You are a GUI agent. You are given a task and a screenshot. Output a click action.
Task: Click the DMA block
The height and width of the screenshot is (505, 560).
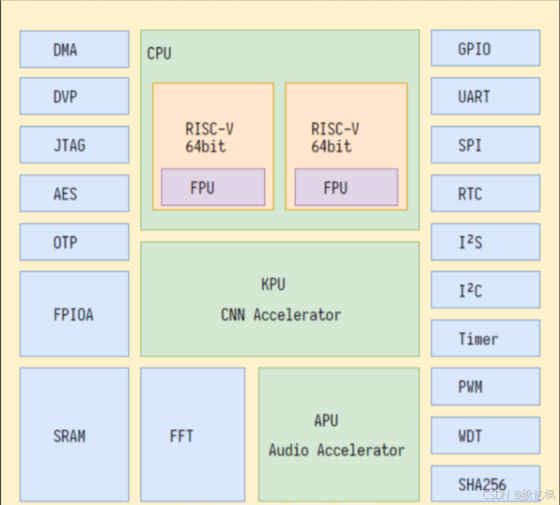(x=74, y=49)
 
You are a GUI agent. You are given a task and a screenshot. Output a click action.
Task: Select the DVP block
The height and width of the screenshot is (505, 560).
(x=74, y=96)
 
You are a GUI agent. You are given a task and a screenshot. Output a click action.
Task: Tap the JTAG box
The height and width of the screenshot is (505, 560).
(x=74, y=145)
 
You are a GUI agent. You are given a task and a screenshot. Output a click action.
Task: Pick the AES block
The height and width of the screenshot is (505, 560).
(x=74, y=193)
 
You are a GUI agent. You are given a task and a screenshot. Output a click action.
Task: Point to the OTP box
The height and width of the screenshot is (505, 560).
(x=74, y=242)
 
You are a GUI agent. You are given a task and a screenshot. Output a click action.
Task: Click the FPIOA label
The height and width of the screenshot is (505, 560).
(x=73, y=315)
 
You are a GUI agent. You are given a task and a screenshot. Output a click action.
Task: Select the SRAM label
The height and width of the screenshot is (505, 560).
(x=69, y=436)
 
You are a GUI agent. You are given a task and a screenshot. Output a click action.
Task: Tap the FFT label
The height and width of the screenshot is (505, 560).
(x=182, y=436)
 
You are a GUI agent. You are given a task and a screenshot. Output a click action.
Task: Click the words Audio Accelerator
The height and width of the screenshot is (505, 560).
(x=337, y=450)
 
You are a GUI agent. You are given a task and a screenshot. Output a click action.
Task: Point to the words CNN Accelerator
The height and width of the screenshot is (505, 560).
(x=281, y=315)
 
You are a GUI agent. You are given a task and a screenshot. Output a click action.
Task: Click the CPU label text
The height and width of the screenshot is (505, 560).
(x=159, y=54)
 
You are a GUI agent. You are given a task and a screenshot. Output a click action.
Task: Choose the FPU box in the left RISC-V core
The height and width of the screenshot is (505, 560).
(x=213, y=187)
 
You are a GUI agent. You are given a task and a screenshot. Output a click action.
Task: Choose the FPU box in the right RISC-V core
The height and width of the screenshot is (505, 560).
(x=346, y=187)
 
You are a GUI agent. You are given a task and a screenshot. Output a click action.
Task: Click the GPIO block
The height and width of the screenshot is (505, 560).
(x=486, y=48)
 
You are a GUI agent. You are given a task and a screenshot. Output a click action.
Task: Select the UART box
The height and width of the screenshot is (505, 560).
(x=486, y=96)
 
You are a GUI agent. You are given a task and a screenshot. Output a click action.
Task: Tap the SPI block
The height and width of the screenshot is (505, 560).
(x=486, y=145)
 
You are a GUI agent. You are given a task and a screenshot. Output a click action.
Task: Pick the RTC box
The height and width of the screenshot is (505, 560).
(x=486, y=193)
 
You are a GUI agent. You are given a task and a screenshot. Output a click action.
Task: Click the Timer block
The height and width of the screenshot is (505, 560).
(x=486, y=338)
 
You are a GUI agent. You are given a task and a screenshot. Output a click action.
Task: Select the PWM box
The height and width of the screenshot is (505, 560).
(x=486, y=387)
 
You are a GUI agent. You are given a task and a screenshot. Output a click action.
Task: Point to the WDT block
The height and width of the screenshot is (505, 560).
(x=486, y=435)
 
